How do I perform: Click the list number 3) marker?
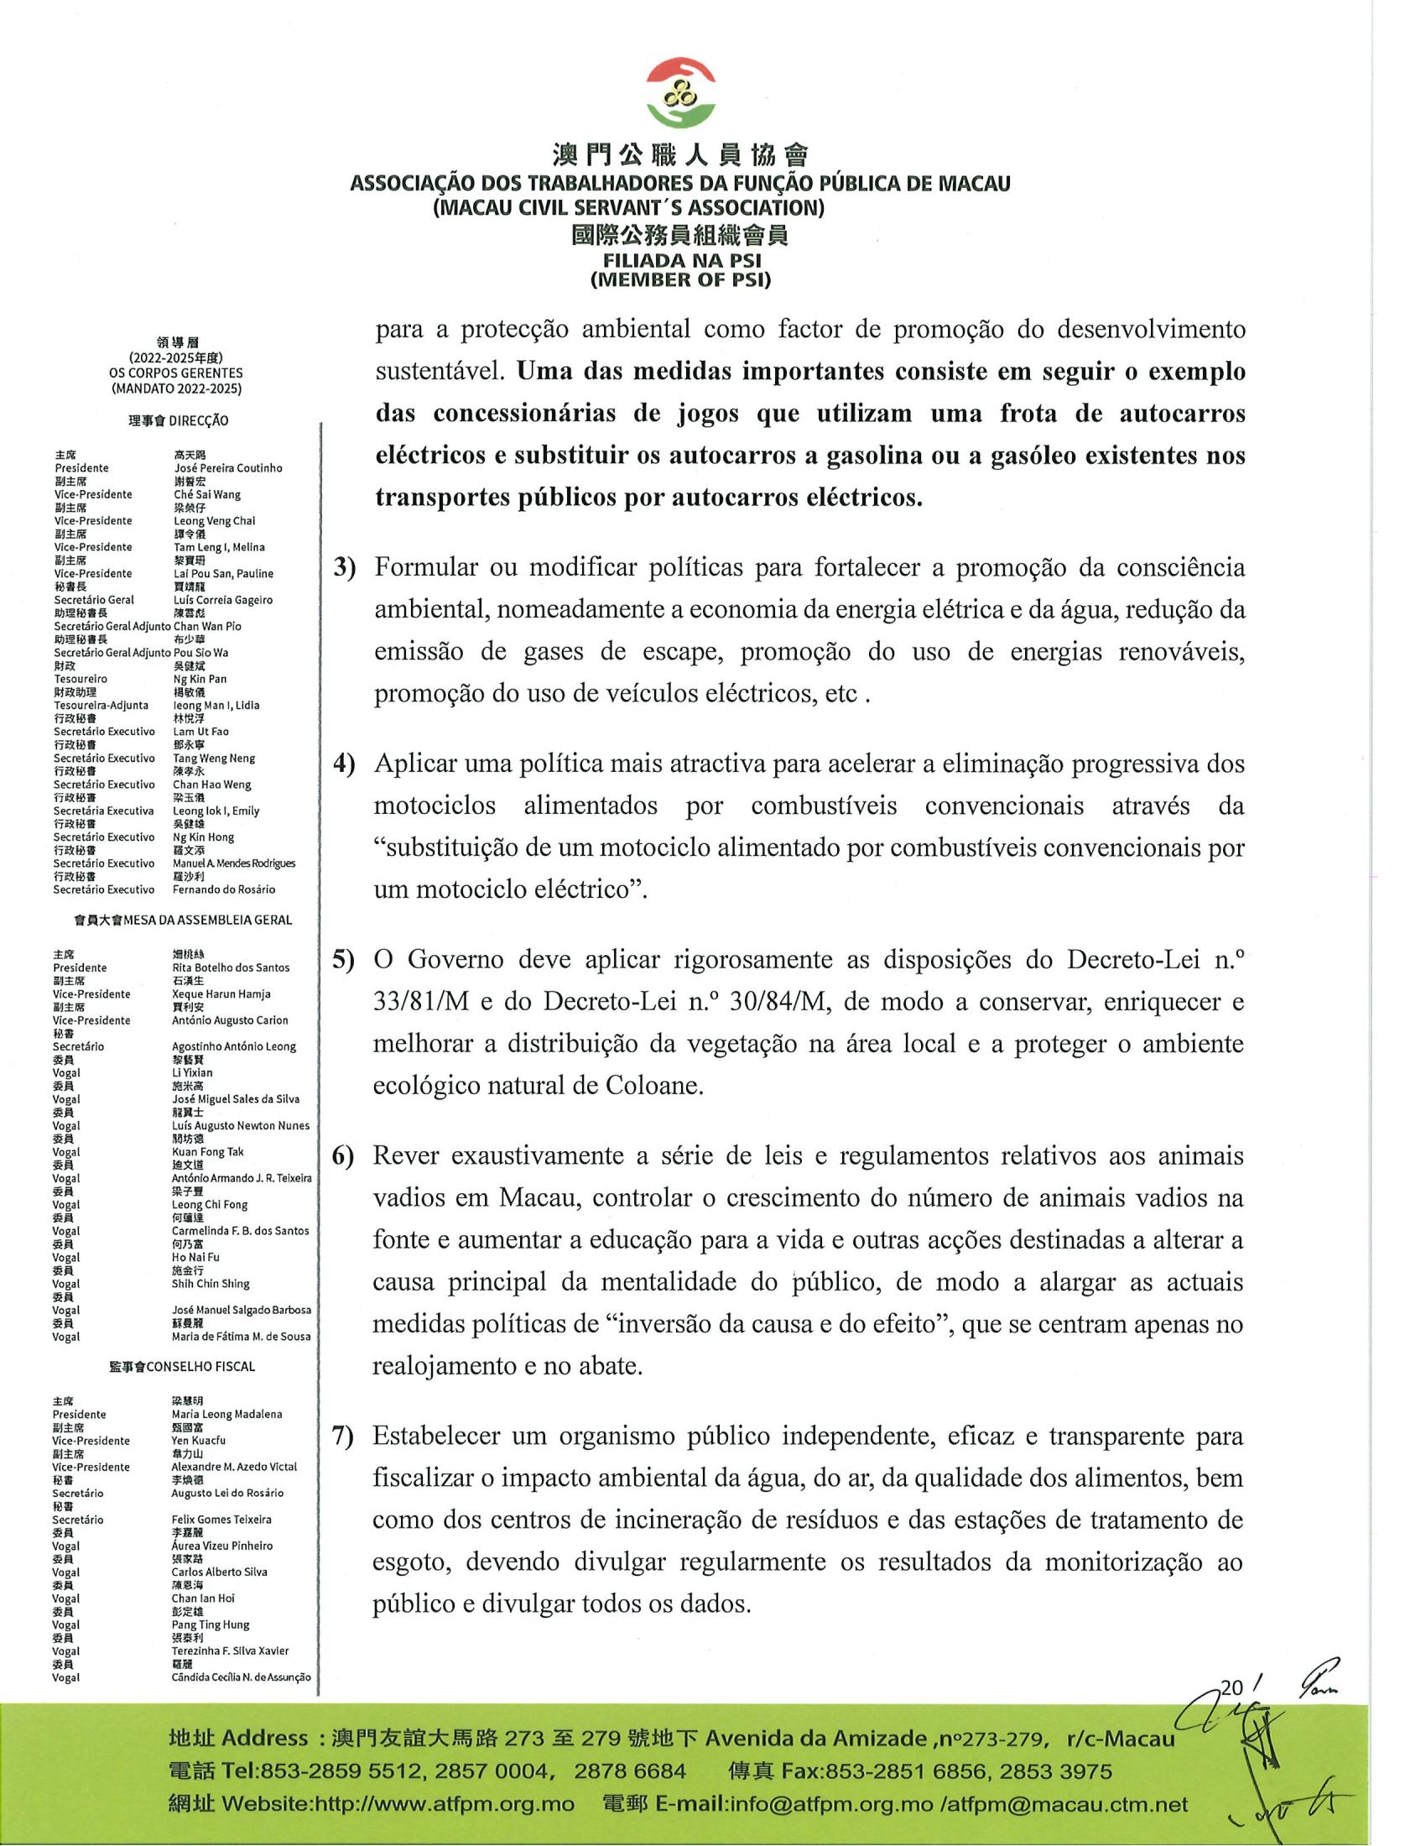(x=345, y=568)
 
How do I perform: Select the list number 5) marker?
(x=344, y=961)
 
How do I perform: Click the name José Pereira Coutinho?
(x=227, y=468)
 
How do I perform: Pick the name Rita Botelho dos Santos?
(x=230, y=967)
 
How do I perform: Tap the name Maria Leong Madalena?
(x=226, y=1414)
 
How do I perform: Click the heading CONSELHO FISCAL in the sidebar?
(x=200, y=1367)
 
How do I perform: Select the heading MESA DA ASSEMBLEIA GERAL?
(x=208, y=920)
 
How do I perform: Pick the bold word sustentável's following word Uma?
(x=541, y=372)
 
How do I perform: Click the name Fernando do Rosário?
(x=224, y=889)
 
